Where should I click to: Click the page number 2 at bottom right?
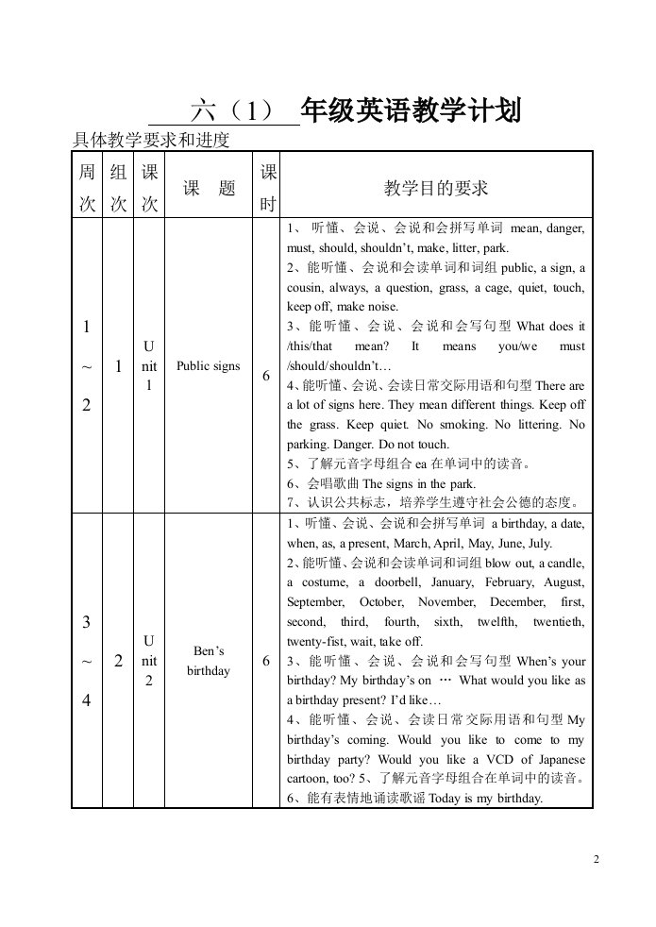click(597, 859)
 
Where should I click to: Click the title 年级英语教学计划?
click(411, 111)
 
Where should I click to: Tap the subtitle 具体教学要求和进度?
click(151, 141)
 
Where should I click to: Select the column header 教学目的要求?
click(436, 188)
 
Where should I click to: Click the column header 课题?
click(209, 188)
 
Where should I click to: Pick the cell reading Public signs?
click(209, 366)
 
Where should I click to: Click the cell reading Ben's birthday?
click(209, 661)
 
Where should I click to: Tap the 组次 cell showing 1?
click(119, 366)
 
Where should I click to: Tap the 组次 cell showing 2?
click(119, 661)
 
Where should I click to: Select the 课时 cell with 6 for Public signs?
click(267, 376)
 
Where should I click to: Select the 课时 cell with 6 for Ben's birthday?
click(267, 661)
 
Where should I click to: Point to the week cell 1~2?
click(87, 366)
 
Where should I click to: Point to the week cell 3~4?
click(87, 661)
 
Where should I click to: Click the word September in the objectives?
click(316, 602)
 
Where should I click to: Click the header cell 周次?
click(87, 188)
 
